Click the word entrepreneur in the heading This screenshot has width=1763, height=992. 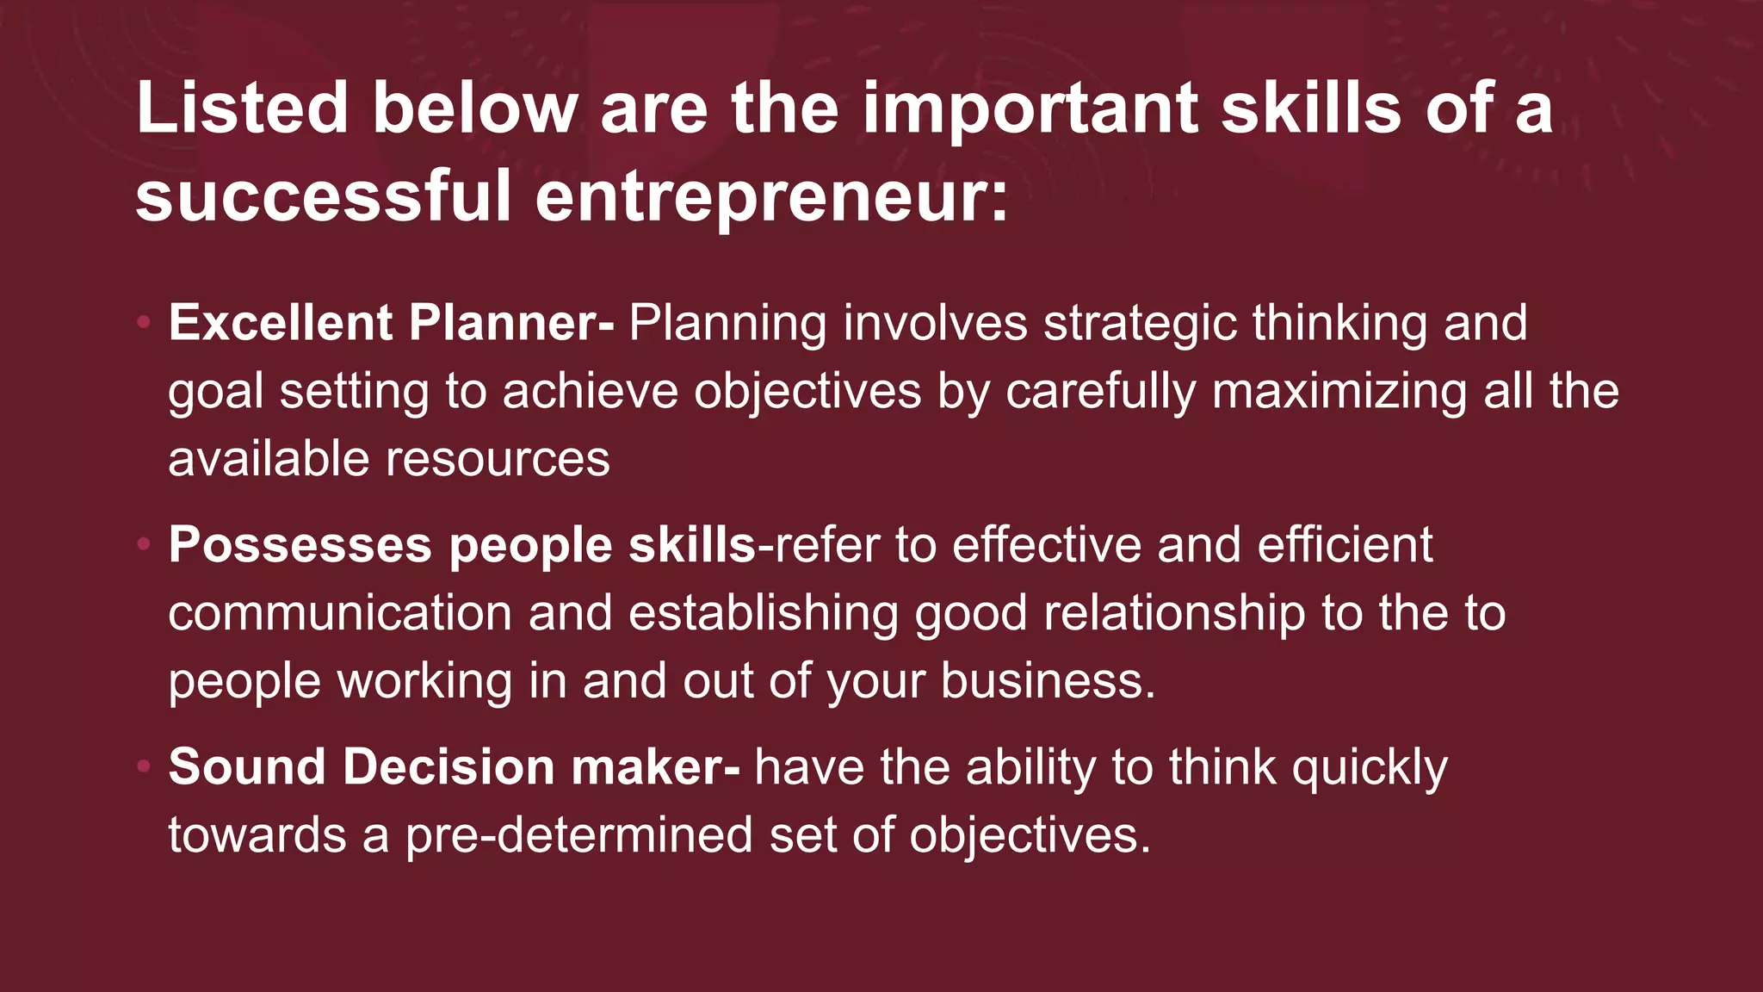click(771, 196)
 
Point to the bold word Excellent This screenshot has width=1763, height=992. click(281, 323)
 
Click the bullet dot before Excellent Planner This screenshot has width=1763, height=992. click(144, 323)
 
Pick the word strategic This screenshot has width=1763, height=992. click(1140, 323)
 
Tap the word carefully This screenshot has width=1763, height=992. click(1100, 391)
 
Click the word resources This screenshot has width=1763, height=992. click(498, 459)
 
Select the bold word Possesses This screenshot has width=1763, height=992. click(300, 545)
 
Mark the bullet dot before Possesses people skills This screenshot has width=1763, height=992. click(144, 545)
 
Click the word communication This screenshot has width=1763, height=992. click(340, 613)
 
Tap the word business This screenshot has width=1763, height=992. click(1048, 681)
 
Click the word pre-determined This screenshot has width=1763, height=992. click(579, 835)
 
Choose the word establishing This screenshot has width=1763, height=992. click(764, 613)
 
